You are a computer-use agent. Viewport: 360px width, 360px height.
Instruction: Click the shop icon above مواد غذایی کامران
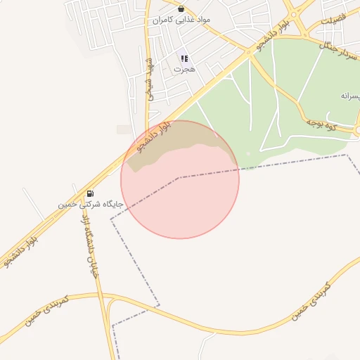pos(181,9)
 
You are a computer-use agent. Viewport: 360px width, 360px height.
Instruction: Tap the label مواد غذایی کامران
pos(181,20)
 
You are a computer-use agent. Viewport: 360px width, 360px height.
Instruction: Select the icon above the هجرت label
pos(184,58)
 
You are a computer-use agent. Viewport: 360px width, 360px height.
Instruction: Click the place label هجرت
pos(184,70)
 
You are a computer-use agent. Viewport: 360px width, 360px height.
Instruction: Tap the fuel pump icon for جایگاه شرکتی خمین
pos(90,193)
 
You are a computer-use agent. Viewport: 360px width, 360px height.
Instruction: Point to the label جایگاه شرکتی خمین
pos(91,204)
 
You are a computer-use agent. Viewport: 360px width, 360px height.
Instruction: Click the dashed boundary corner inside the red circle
pos(179,177)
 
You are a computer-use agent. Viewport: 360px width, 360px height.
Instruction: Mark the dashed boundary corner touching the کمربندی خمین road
pos(159,306)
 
